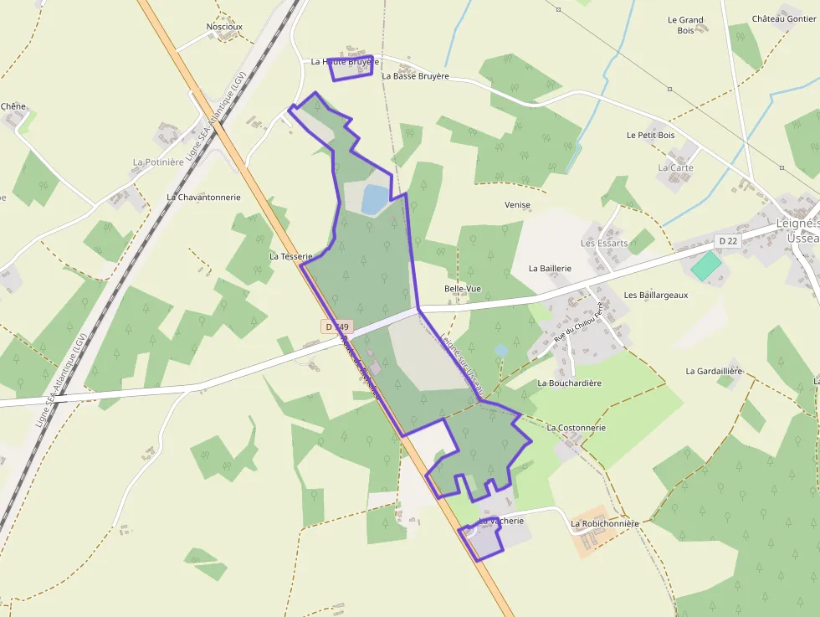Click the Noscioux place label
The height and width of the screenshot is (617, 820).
pos(224,27)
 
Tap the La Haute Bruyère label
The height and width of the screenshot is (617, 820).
pos(345,62)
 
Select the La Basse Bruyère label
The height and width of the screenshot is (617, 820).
pos(415,76)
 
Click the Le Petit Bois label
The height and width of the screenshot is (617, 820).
pos(650,135)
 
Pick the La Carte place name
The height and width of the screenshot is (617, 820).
pos(675,168)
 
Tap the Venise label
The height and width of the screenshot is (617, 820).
pos(518,205)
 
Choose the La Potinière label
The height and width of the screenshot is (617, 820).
pos(158,162)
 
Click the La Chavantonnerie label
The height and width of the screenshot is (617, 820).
pos(203,198)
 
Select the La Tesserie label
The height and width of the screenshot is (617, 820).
pos(290,257)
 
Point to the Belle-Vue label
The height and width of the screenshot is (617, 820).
pos(463,289)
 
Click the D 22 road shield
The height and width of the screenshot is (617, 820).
pos(728,241)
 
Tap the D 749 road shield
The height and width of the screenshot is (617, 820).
pos(337,326)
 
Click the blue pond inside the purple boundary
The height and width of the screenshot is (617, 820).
pos(375,199)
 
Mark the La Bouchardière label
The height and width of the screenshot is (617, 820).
pos(569,383)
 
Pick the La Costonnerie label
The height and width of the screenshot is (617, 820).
pos(576,428)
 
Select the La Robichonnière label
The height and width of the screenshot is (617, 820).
pos(604,524)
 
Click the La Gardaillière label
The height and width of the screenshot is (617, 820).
pos(714,371)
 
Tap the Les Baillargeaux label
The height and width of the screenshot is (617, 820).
pos(655,296)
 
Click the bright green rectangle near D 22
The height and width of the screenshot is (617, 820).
pos(705,266)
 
